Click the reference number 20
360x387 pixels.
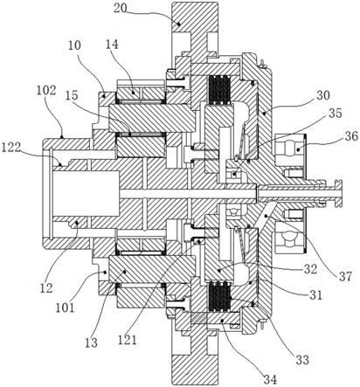pyautogui.click(x=120, y=8)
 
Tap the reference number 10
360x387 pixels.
pyautogui.click(x=74, y=45)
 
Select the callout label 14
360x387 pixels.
pyautogui.click(x=112, y=45)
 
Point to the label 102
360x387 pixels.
pyautogui.click(x=46, y=91)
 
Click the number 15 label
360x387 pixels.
pyautogui.click(x=73, y=96)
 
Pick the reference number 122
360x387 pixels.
pyautogui.click(x=11, y=148)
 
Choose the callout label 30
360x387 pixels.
pyautogui.click(x=322, y=95)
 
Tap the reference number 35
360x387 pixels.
pyautogui.click(x=335, y=114)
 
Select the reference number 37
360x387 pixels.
pyautogui.click(x=345, y=276)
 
